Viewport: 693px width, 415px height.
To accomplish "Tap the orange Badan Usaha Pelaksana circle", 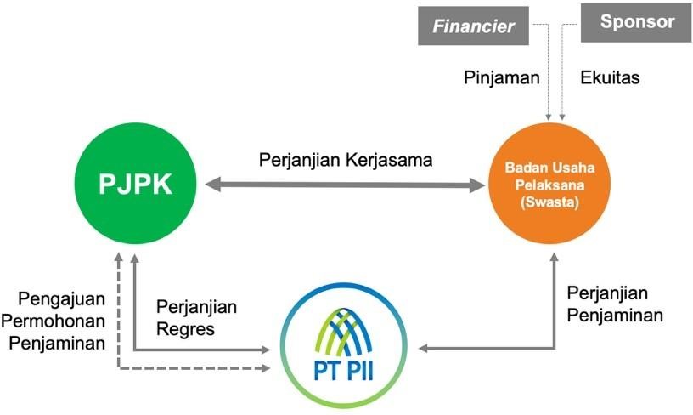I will pyautogui.click(x=544, y=184).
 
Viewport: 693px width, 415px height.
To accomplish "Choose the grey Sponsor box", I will pyautogui.click(x=636, y=23).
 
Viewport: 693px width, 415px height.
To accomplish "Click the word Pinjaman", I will pyautogui.click(x=502, y=77).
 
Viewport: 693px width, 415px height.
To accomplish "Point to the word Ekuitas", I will pyautogui.click(x=610, y=77).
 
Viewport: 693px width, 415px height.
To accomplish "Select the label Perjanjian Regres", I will pyautogui.click(x=197, y=316).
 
